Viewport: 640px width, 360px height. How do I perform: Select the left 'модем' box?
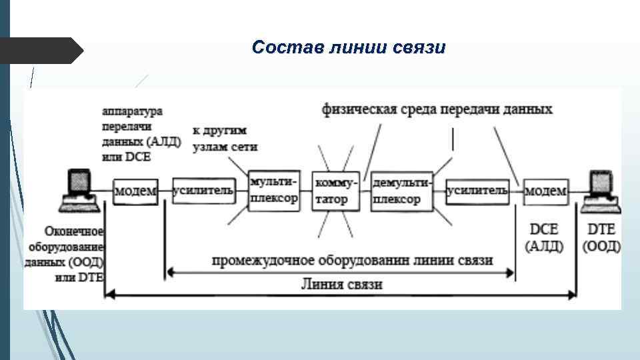tap(135, 191)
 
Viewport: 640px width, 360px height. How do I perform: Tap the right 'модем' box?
tap(546, 191)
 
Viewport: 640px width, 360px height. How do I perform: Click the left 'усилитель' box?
tap(203, 191)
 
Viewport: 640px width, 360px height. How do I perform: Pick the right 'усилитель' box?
tap(477, 191)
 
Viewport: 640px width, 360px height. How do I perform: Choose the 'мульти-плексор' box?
tap(273, 190)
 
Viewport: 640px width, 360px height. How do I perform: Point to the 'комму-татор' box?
tap(335, 191)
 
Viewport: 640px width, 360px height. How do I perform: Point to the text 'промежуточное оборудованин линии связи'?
tap(352, 260)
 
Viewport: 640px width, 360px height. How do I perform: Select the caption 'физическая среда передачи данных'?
tap(437, 108)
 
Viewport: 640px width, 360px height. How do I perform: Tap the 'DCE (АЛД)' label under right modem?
tap(545, 237)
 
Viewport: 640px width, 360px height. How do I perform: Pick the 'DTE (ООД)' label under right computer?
tap(601, 237)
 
